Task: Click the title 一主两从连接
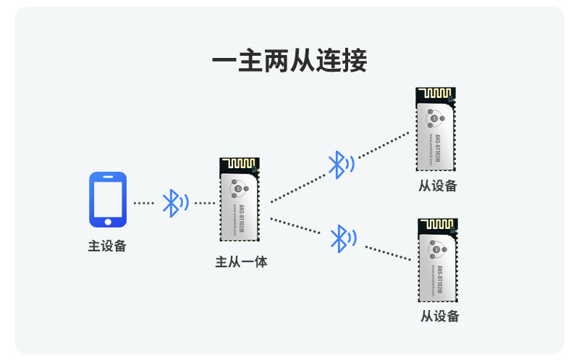pyautogui.click(x=289, y=60)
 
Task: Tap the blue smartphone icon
pyautogui.click(x=107, y=199)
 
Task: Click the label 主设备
pyautogui.click(x=107, y=246)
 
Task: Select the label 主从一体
pyautogui.click(x=241, y=261)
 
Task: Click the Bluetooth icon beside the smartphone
pyautogui.click(x=173, y=203)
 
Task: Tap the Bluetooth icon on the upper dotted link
pyautogui.click(x=339, y=164)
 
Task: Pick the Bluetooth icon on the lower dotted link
pyautogui.click(x=342, y=238)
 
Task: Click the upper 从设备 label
pyautogui.click(x=437, y=185)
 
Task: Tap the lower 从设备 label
pyautogui.click(x=439, y=316)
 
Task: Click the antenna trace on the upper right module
pyautogui.click(x=434, y=95)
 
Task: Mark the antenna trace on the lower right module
pyautogui.click(x=437, y=226)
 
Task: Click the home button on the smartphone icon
pyautogui.click(x=107, y=221)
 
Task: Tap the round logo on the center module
pyautogui.click(x=239, y=188)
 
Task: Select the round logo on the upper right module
pyautogui.click(x=435, y=116)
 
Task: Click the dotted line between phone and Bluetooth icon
pyautogui.click(x=144, y=203)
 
